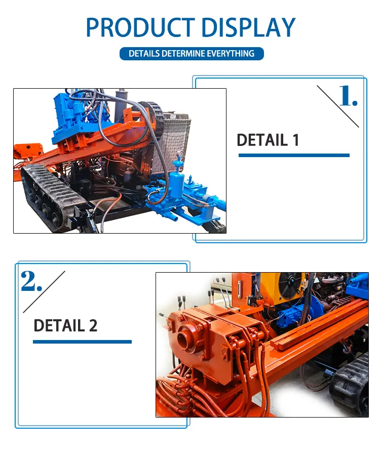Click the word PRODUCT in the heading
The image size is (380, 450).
(x=141, y=27)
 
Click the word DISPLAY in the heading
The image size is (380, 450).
(x=249, y=27)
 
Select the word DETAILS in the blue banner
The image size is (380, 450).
(x=144, y=54)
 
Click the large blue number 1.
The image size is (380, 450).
(x=348, y=96)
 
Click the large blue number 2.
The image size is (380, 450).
(x=31, y=281)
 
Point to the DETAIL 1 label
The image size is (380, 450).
(x=268, y=140)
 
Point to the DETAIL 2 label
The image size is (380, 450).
(x=65, y=325)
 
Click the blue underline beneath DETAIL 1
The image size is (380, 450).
(x=294, y=155)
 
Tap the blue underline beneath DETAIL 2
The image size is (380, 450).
(x=83, y=342)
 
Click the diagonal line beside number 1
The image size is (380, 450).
(x=338, y=106)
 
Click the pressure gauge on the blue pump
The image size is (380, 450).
(x=181, y=154)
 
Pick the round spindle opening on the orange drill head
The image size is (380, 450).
(x=184, y=336)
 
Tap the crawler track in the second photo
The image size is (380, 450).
(x=350, y=385)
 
